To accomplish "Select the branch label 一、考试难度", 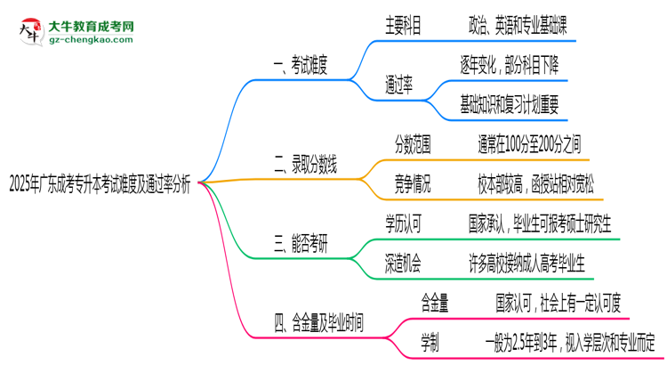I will coord(301,64).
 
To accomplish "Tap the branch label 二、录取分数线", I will coord(307,164).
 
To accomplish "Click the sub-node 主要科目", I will coord(403,26).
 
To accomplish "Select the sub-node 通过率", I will coord(398,86).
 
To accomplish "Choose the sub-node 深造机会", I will coord(403,262).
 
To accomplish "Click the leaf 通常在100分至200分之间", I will coord(528,142).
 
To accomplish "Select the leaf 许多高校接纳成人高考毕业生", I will coord(528,262).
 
